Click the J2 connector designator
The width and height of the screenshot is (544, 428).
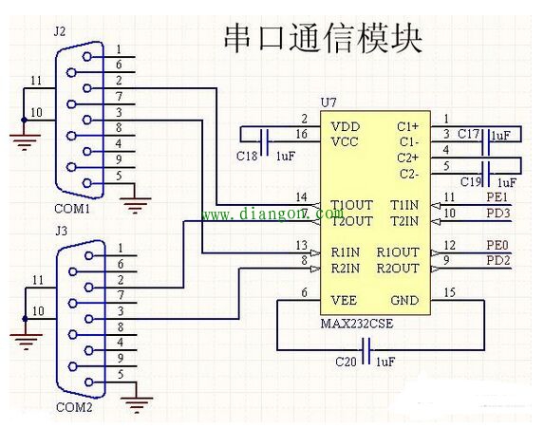(x=60, y=31)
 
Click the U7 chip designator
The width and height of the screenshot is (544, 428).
(x=328, y=102)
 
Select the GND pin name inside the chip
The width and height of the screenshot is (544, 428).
(x=403, y=301)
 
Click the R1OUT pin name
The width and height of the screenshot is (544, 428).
(x=397, y=252)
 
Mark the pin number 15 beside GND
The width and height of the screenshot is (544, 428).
(x=450, y=293)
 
